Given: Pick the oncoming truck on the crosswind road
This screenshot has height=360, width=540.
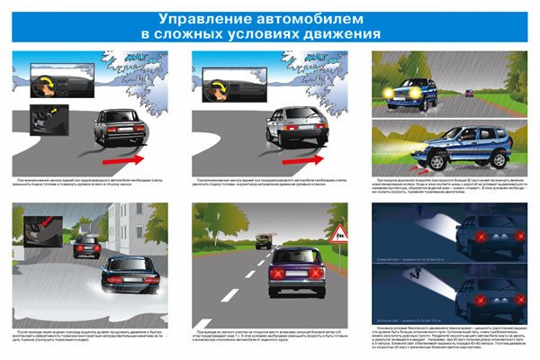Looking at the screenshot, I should point(264,240).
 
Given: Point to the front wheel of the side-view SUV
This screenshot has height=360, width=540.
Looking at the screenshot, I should point(436,162).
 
